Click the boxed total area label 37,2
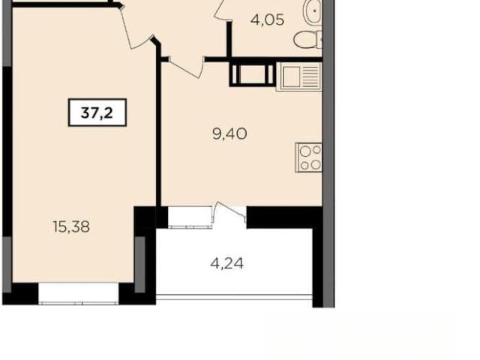[97, 112]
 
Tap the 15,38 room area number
[71, 227]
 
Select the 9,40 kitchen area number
[229, 133]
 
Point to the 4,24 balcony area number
[226, 263]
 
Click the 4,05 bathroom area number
[267, 20]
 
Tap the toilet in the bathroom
[308, 40]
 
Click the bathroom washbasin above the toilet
[312, 12]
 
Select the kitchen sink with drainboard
[298, 76]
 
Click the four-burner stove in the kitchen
[308, 157]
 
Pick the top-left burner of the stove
[305, 151]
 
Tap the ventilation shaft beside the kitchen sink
[252, 75]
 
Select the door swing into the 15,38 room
[136, 28]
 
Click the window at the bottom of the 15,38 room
[78, 293]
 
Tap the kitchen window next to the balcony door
[190, 217]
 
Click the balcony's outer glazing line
[234, 297]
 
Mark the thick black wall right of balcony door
[284, 217]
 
